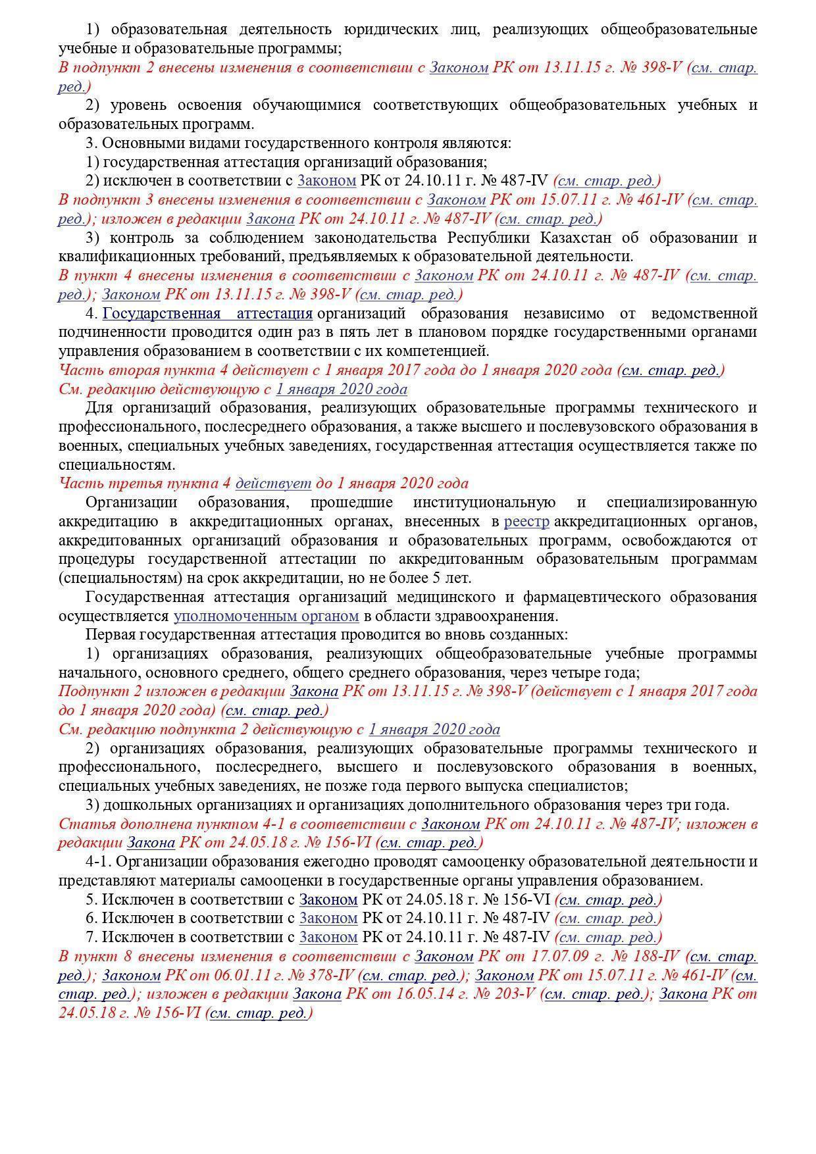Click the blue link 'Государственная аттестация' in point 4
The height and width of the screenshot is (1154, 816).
(207, 313)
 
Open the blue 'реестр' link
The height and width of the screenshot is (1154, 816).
(526, 522)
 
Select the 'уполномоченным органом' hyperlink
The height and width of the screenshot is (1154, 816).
(266, 616)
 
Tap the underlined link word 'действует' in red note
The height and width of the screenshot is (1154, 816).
(273, 484)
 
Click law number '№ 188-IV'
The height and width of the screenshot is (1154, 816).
(648, 957)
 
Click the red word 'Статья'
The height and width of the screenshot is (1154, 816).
(81, 824)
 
